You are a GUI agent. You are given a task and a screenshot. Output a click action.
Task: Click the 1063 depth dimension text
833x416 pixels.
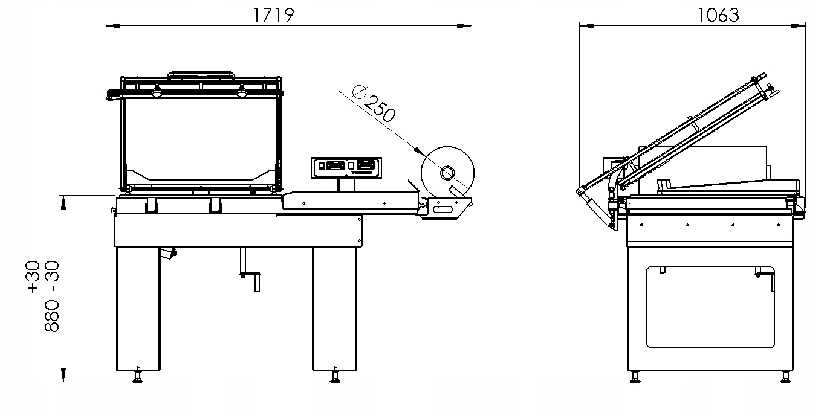tap(718, 14)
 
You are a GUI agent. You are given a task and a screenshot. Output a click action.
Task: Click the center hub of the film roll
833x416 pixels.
tap(447, 173)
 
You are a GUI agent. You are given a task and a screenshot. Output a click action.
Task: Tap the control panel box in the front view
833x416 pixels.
tap(346, 167)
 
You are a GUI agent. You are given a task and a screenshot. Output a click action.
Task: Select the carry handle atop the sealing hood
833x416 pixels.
tap(201, 75)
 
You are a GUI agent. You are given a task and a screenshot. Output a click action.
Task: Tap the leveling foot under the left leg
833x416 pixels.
tap(138, 377)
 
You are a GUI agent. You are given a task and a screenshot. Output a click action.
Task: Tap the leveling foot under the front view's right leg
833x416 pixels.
tap(334, 377)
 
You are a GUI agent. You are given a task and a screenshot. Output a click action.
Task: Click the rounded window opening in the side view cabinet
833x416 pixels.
tap(710, 308)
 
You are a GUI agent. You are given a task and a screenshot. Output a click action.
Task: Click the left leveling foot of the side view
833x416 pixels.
tap(634, 377)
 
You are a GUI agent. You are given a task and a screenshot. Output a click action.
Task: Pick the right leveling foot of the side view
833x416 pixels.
tap(785, 377)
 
